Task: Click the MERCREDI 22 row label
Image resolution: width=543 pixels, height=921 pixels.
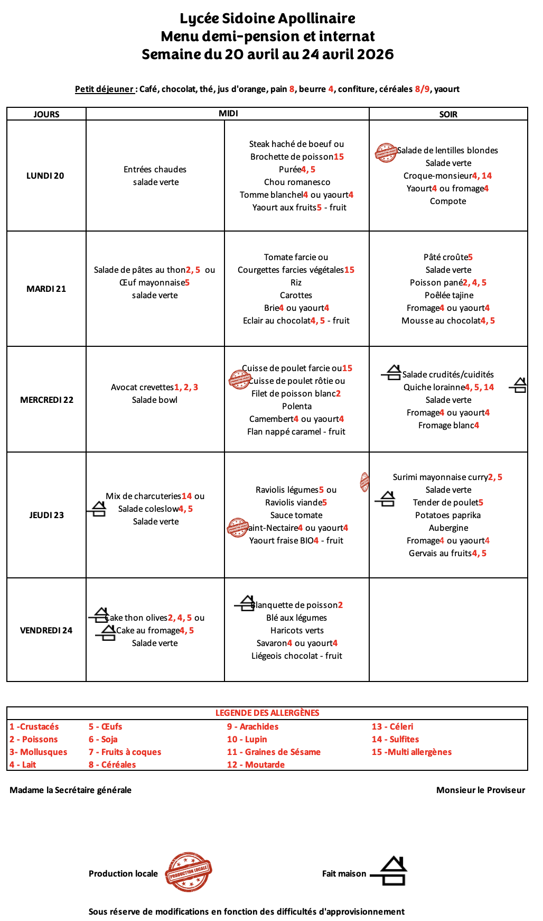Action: click(x=46, y=400)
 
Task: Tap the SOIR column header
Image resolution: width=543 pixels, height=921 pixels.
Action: click(x=448, y=114)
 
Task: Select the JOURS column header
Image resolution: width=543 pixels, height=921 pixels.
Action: click(x=46, y=114)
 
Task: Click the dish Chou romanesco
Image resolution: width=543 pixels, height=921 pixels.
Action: click(x=297, y=182)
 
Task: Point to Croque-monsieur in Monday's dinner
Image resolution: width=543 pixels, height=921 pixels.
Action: click(x=437, y=176)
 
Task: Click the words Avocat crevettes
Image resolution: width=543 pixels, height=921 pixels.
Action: click(x=142, y=387)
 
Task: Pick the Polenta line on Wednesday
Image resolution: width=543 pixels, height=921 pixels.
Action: click(x=297, y=406)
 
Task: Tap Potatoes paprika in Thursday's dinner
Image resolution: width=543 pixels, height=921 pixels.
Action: click(x=448, y=515)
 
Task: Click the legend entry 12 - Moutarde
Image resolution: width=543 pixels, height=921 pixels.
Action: click(x=256, y=765)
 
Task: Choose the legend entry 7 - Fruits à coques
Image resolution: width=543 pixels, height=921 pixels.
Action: click(x=125, y=752)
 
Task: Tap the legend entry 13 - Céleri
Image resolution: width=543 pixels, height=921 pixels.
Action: click(x=392, y=726)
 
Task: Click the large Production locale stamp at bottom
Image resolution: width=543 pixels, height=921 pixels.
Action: click(x=189, y=872)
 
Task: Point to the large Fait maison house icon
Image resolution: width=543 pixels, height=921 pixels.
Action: click(x=391, y=871)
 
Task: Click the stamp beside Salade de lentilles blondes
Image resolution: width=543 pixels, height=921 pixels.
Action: click(x=386, y=152)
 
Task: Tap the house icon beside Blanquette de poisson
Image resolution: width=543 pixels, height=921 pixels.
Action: click(x=246, y=603)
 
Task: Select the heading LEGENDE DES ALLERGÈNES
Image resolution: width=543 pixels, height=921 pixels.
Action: click(x=267, y=713)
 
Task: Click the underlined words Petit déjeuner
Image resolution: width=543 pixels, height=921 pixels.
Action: click(x=104, y=89)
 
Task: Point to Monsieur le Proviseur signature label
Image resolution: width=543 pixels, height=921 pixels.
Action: click(x=481, y=790)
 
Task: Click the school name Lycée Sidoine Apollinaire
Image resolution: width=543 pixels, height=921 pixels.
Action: click(x=267, y=19)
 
